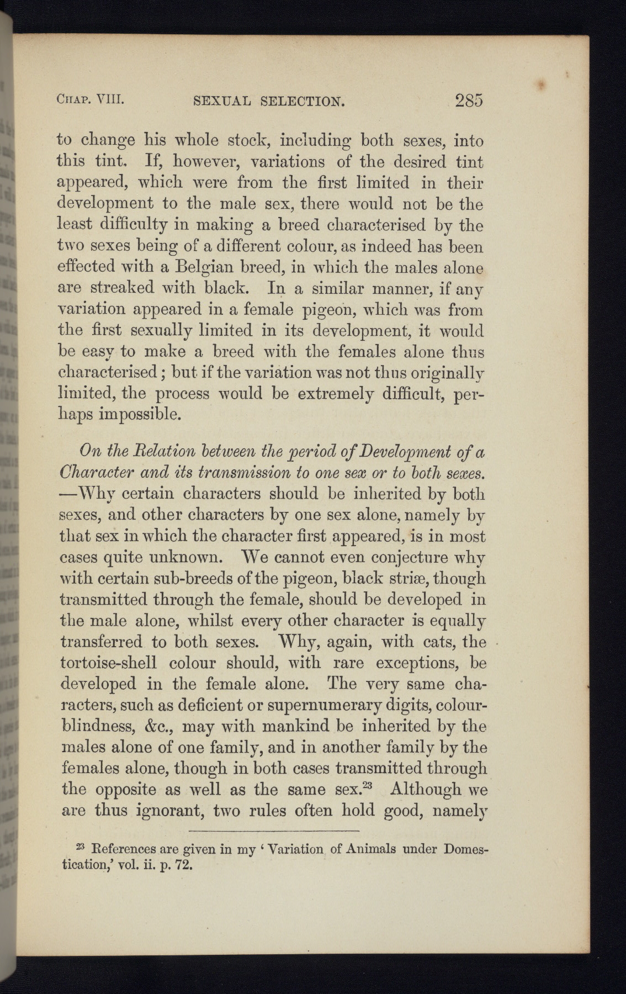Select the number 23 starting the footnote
pyautogui.click(x=79, y=846)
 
